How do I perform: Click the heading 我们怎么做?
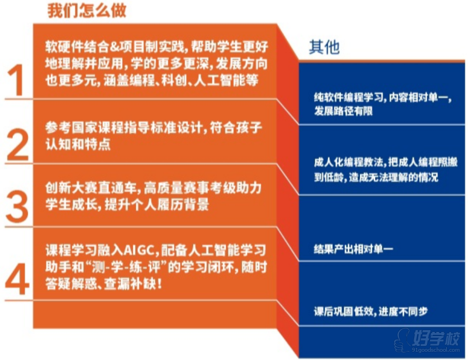coord(87,10)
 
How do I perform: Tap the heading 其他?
coord(324,47)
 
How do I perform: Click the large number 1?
coord(16,80)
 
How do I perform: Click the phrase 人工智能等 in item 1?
coord(226,80)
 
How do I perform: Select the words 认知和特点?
coord(78,144)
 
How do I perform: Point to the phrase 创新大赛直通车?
coord(91,188)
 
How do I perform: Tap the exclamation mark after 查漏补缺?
coord(159,283)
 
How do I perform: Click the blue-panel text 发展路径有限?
coord(343,111)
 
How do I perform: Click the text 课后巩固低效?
coord(343,311)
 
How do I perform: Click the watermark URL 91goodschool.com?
coord(435,350)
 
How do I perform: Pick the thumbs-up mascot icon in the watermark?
coord(402,341)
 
